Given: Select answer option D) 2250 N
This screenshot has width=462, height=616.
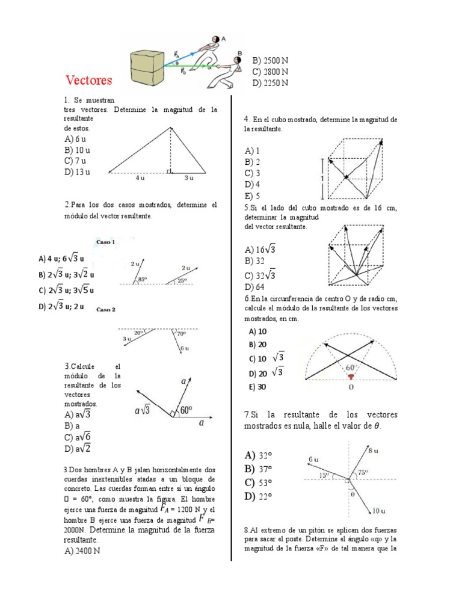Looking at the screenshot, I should [271, 82].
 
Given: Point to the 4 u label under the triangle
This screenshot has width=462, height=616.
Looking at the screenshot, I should [140, 178].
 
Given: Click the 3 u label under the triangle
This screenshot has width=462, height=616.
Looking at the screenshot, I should [189, 178].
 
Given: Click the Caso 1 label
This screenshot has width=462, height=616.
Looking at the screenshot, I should [106, 242].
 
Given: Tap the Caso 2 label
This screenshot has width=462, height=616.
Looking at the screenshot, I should [106, 310].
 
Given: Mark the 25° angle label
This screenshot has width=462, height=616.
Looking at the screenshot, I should [182, 280].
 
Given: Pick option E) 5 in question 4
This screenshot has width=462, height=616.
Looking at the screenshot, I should [252, 196].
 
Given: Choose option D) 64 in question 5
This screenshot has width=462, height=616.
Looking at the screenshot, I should [255, 287].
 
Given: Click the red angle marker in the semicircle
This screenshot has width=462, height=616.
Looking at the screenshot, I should [350, 377].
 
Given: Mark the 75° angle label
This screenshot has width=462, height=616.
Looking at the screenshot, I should [362, 473].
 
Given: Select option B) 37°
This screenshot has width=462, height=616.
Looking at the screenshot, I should [259, 469].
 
